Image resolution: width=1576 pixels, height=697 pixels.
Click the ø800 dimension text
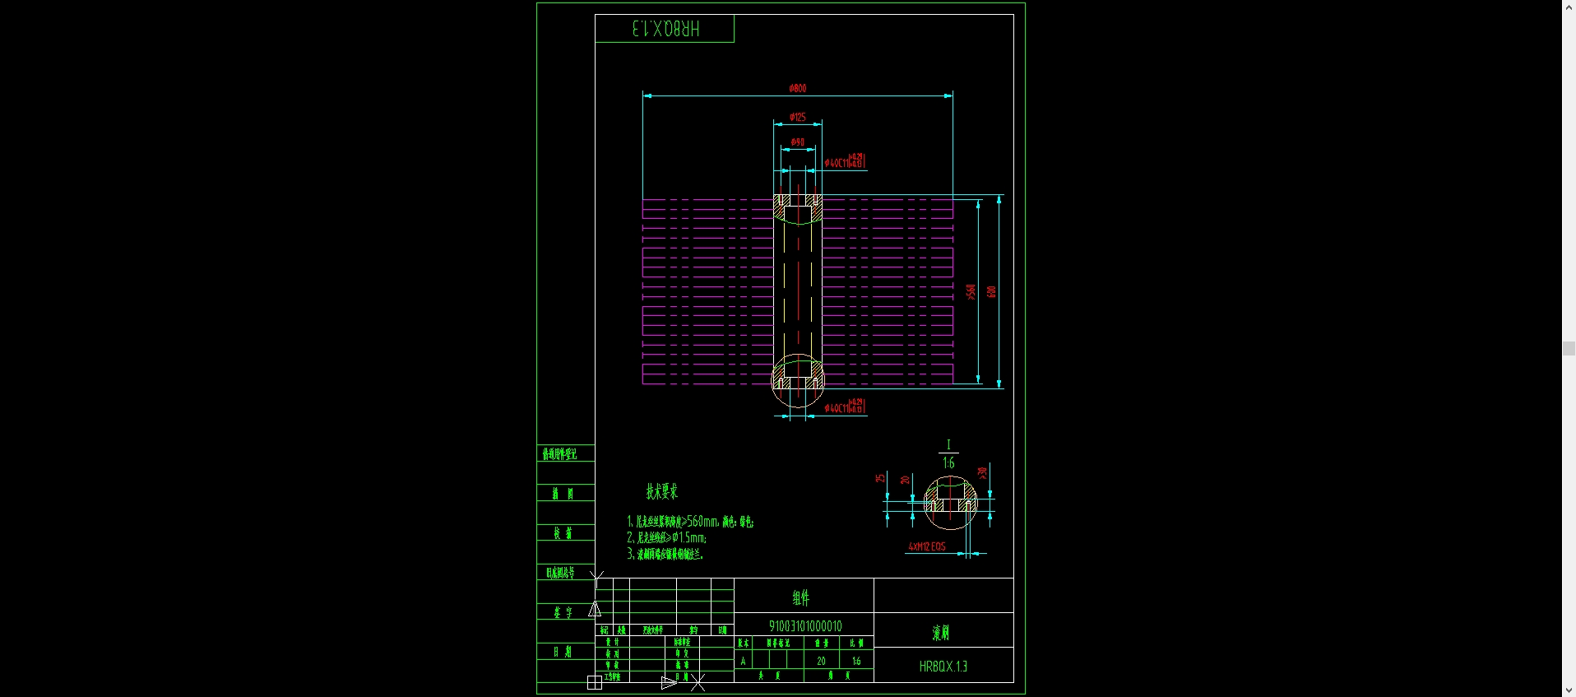797,88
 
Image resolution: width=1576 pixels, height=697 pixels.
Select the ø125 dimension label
797,117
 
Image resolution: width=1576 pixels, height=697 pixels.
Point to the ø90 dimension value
797,142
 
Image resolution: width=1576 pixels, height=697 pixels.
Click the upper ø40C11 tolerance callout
844,161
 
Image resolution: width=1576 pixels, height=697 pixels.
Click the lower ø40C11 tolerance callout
844,407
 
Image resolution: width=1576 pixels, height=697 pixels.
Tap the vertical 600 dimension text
991,292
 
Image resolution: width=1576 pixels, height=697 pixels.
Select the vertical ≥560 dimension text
971,291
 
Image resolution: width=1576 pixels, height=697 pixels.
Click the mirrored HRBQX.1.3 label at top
665,29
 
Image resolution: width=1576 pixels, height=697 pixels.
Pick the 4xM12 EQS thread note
926,546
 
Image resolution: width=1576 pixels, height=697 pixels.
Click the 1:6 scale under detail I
948,463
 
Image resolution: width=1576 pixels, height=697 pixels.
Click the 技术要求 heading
661,492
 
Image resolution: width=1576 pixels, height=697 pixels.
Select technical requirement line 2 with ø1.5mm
666,537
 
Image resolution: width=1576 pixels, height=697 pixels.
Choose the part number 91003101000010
804,626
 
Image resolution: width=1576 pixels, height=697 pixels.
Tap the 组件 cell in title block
801,598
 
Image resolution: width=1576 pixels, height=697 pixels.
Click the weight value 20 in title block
821,661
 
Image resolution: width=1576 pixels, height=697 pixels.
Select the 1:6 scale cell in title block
856,661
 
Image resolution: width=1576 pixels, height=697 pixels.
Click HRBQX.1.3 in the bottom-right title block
943,667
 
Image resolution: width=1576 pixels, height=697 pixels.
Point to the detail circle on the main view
797,380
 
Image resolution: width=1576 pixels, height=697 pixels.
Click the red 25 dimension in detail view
879,478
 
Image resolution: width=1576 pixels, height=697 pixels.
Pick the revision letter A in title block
743,661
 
